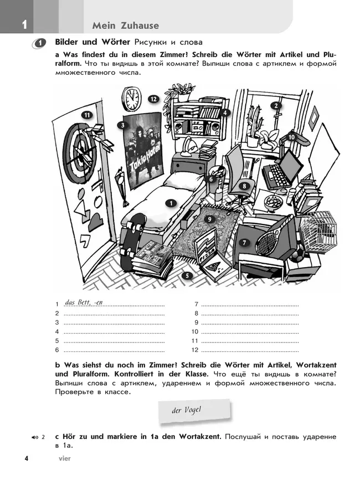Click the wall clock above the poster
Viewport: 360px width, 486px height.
[133, 99]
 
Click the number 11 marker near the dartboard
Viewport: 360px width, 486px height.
[86, 115]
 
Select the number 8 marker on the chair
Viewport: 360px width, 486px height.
[244, 186]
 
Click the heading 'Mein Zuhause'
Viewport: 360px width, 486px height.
[126, 25]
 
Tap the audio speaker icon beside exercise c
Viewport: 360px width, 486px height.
[35, 437]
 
